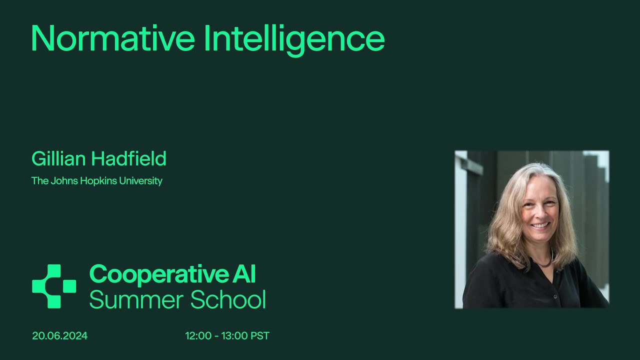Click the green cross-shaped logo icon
(x=53, y=286)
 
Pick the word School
(x=227, y=300)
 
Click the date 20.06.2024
(x=60, y=336)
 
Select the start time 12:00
(x=198, y=336)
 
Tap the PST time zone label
(x=260, y=336)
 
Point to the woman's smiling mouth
(x=539, y=225)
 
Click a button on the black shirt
(x=555, y=297)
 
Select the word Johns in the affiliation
(x=63, y=181)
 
